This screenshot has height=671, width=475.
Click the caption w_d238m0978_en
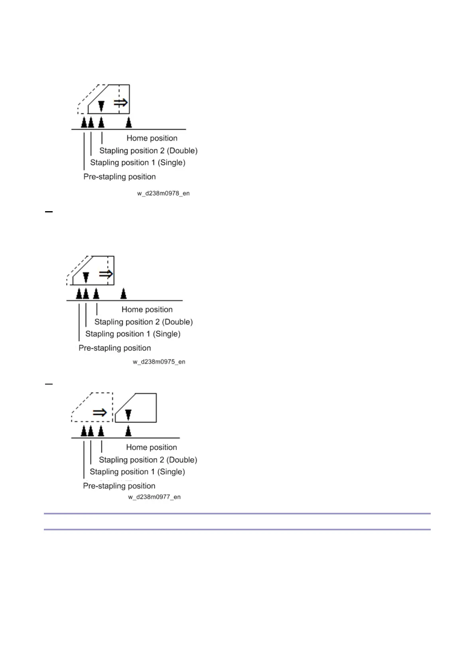163,193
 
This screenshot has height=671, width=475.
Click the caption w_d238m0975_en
159,362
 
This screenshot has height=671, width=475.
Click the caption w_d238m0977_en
154,497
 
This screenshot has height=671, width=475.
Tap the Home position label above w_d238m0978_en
152,138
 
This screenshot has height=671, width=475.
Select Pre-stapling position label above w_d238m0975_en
114,348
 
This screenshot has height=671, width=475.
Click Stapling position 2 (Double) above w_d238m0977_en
148,460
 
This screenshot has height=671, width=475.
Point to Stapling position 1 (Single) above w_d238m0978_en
138,163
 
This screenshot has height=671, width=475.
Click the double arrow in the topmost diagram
120,103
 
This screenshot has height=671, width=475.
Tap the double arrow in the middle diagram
106,274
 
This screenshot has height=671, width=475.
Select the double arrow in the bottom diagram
100,412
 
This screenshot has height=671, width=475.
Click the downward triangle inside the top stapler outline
101,106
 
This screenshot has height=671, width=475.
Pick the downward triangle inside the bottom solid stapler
128,415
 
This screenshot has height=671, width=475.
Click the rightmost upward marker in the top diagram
128,122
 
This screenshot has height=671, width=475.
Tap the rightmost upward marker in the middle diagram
124,294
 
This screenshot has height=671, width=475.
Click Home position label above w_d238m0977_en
152,447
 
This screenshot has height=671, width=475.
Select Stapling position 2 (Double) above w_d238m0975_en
143,322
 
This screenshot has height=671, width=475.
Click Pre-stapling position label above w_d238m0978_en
119,177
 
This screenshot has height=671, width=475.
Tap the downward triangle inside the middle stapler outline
86,277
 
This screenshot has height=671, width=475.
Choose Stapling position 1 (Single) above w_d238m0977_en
137,472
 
